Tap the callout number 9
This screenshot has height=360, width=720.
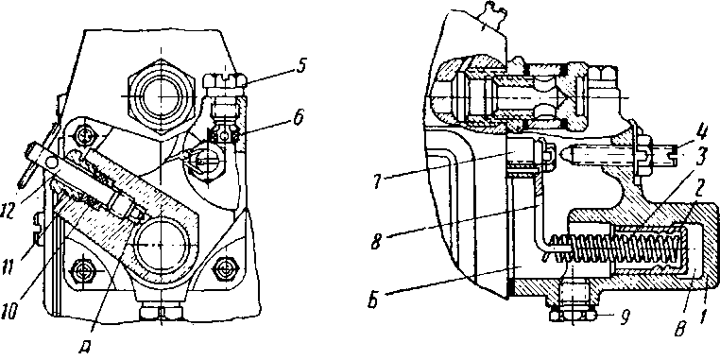point(623,316)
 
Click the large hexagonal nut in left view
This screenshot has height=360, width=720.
point(159,97)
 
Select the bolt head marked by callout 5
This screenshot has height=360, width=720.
point(225,83)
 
